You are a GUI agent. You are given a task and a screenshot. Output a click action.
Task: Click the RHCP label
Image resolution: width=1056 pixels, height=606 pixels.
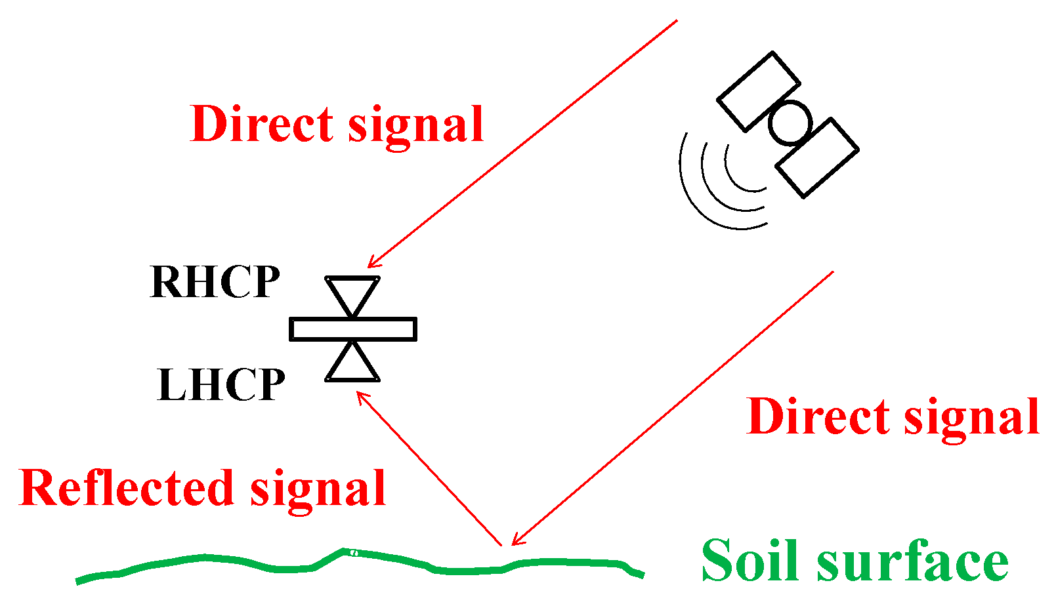(215, 282)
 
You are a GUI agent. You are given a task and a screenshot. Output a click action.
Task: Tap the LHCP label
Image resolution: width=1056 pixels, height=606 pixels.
(221, 384)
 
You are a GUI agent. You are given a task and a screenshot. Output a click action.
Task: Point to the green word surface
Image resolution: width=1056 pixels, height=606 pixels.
(912, 563)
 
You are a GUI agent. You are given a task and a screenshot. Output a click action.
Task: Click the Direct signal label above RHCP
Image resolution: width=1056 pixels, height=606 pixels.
(337, 124)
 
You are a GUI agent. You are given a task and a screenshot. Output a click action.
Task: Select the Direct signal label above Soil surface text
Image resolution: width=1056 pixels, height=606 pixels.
(893, 416)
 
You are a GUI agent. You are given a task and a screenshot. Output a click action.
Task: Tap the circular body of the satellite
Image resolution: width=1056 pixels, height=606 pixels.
(790, 123)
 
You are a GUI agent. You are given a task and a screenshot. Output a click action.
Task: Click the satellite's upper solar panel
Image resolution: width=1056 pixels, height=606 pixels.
(758, 91)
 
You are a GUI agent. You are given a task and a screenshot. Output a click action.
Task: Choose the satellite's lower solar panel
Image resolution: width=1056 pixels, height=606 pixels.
(817, 157)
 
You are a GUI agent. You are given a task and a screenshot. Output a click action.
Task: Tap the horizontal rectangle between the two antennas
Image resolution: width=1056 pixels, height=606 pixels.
(352, 329)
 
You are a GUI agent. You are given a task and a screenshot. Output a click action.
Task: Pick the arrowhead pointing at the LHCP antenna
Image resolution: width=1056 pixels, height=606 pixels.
(360, 395)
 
